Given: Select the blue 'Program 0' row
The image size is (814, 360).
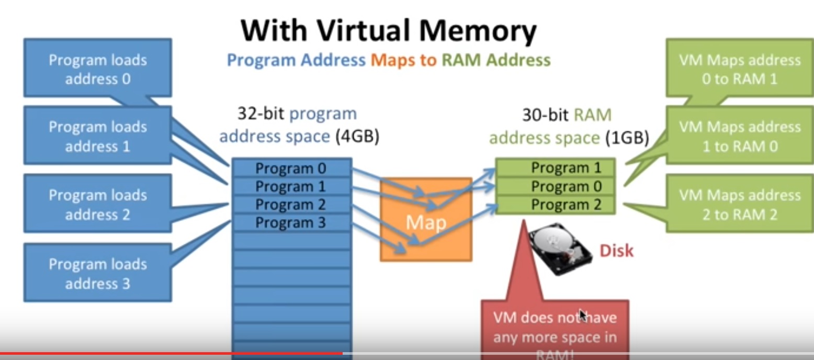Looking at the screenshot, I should pyautogui.click(x=291, y=168).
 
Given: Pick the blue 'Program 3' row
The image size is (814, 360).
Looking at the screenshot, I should pyautogui.click(x=291, y=223).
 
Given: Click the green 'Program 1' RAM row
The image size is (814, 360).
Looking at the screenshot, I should pyautogui.click(x=556, y=168).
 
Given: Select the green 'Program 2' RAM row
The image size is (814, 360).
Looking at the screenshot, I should pyautogui.click(x=556, y=205).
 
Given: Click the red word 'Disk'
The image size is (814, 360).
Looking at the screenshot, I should pyautogui.click(x=616, y=251).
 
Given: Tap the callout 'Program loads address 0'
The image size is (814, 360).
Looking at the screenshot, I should pyautogui.click(x=97, y=69).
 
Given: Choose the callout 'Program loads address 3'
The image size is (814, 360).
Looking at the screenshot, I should pyautogui.click(x=97, y=273).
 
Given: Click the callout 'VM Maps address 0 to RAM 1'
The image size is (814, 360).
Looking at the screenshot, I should pyautogui.click(x=739, y=69).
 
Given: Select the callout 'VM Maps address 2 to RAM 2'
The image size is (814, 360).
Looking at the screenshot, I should pyautogui.click(x=739, y=204).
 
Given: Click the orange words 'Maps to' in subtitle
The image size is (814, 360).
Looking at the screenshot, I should pyautogui.click(x=403, y=60).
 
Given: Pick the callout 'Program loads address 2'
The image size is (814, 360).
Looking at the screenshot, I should pyautogui.click(x=97, y=204).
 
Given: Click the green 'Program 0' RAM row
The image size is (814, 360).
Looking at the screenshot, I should pyautogui.click(x=556, y=186).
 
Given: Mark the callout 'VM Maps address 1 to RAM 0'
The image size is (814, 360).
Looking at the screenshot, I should pyautogui.click(x=739, y=136).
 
